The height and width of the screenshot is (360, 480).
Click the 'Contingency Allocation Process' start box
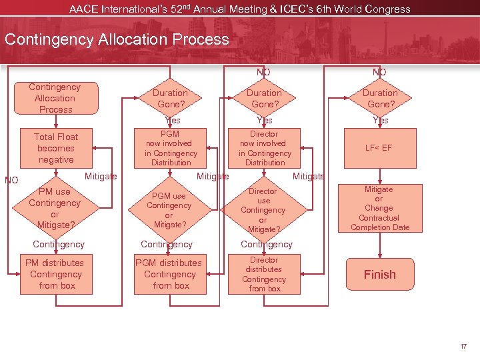(x=56, y=98)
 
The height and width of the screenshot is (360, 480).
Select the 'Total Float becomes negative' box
(x=56, y=148)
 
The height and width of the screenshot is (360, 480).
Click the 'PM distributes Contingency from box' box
(x=56, y=274)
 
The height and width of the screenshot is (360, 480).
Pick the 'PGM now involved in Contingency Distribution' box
(x=171, y=148)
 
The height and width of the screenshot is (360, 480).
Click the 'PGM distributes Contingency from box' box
(x=171, y=274)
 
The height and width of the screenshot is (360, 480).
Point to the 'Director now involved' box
(x=265, y=148)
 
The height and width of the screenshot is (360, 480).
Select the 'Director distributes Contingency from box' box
(x=265, y=274)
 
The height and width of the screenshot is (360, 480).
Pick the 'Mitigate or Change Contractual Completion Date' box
(x=379, y=208)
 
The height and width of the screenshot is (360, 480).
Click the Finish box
(x=379, y=274)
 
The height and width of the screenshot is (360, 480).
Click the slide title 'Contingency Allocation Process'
(x=117, y=39)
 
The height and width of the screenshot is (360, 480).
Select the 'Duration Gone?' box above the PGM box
(x=171, y=98)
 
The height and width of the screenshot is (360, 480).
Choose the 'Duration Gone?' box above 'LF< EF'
(x=380, y=98)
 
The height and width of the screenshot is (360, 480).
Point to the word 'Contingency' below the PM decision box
(x=59, y=245)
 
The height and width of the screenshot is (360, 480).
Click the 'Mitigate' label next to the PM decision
(x=102, y=176)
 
